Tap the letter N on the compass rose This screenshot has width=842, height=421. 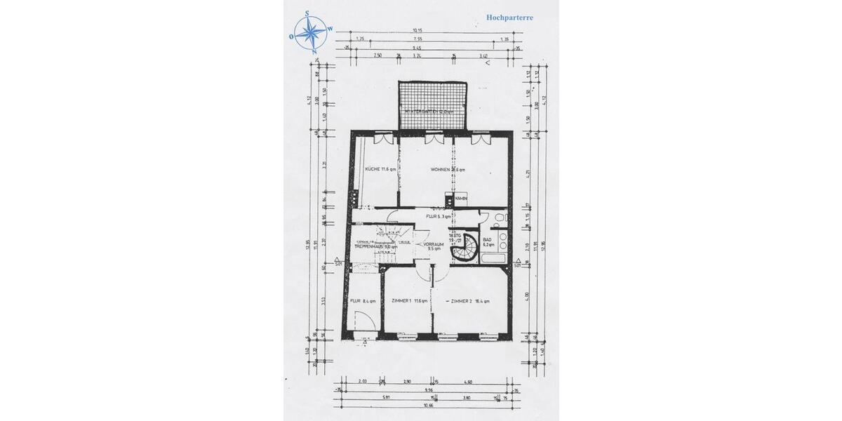coord(314,52)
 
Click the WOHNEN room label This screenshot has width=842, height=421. coord(448,170)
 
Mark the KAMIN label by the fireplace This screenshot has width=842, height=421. coord(460,199)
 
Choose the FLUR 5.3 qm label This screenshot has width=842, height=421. coord(439,216)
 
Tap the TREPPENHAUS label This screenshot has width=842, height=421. coord(375,246)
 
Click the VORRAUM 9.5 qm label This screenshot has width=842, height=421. coord(432,246)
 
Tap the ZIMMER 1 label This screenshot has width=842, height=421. coord(407,301)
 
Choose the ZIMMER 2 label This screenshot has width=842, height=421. coord(470,301)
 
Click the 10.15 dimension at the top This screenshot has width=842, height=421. coord(417,30)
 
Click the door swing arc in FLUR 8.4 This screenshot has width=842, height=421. coord(364,323)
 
